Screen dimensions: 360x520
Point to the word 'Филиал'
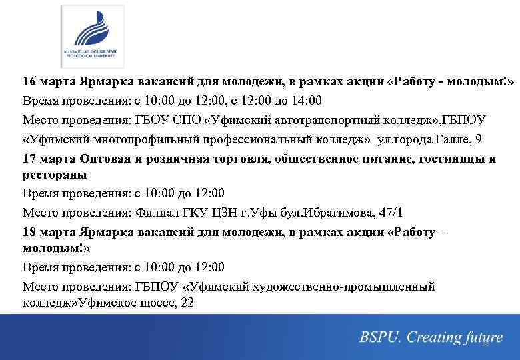155,213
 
